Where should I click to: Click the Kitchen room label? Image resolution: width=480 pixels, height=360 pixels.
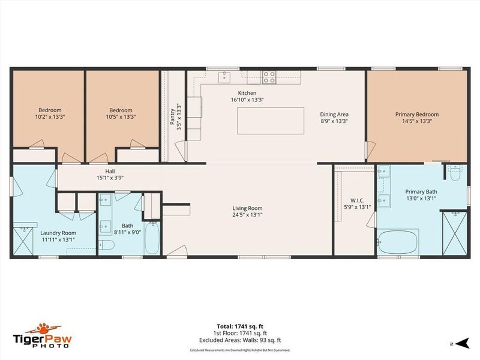point(247,93)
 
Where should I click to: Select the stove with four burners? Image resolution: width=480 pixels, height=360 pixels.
point(269,76)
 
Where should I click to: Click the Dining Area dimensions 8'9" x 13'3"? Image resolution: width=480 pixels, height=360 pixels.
point(334,121)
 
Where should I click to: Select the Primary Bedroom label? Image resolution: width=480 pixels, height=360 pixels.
point(416,114)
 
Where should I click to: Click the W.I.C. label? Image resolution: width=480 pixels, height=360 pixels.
point(349,200)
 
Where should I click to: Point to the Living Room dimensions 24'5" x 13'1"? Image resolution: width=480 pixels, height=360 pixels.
point(248,214)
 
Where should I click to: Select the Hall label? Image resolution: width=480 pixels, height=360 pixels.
point(110,171)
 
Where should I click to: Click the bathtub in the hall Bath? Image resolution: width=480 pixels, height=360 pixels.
point(152,239)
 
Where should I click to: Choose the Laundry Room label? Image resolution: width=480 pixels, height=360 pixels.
point(58,233)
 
